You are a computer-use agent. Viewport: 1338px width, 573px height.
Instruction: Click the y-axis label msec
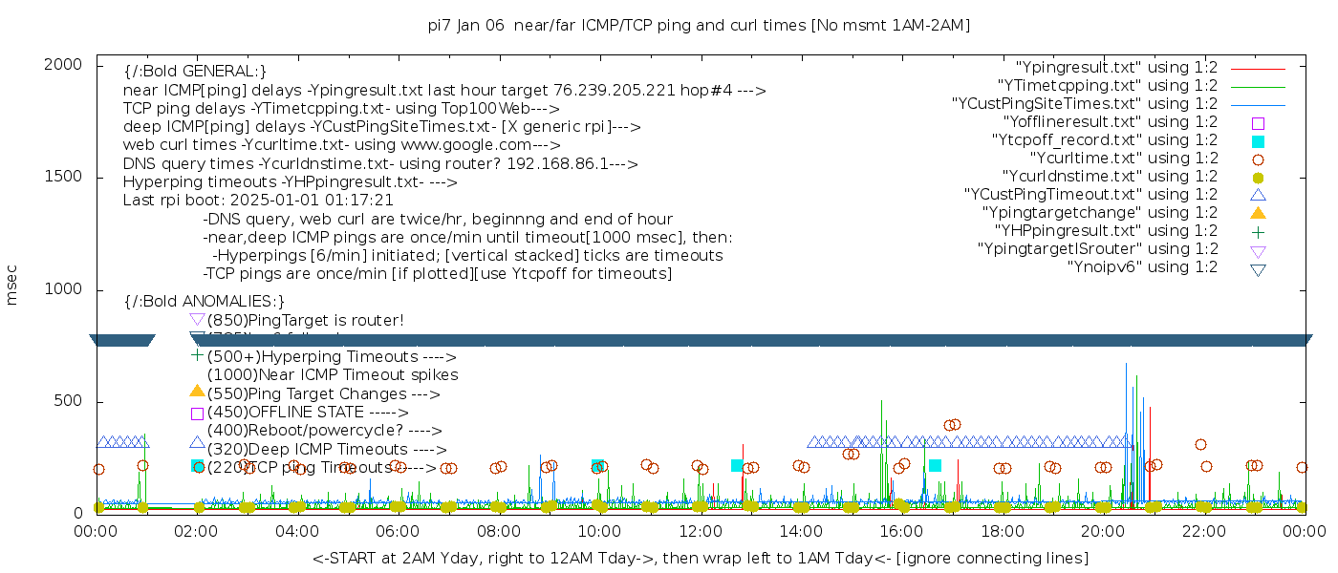tap(12, 285)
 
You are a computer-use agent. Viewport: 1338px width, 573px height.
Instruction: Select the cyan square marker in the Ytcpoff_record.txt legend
tap(1258, 140)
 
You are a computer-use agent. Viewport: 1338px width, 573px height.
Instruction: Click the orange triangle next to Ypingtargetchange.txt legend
tap(1258, 213)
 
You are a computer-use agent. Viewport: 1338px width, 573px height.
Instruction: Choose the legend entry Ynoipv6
tap(1142, 267)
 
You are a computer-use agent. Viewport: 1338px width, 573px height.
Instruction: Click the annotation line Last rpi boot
tap(258, 201)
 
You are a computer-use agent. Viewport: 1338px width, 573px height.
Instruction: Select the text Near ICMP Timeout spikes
tap(333, 375)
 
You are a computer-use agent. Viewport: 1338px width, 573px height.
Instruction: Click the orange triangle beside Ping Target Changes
tap(197, 391)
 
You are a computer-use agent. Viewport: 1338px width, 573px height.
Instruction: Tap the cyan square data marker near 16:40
tap(935, 465)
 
